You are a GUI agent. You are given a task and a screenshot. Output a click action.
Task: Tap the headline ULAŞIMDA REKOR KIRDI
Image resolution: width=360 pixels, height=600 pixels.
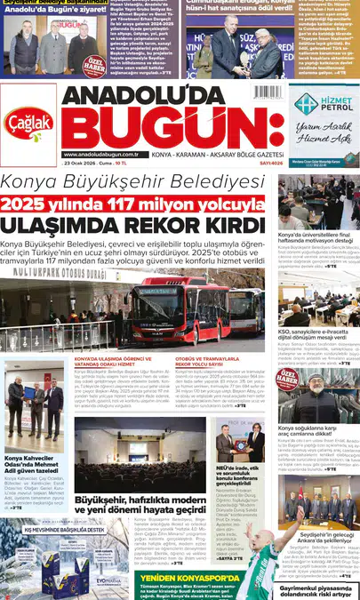pyautogui.click(x=132, y=226)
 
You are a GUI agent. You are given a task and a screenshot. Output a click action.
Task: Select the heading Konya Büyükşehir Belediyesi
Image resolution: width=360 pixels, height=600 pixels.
pyautogui.click(x=132, y=183)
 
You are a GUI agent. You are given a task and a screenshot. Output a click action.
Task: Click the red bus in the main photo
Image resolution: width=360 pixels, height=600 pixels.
pyautogui.click(x=174, y=306)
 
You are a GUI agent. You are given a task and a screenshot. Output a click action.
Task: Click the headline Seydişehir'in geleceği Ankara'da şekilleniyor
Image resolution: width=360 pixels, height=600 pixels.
pyautogui.click(x=315, y=515)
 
